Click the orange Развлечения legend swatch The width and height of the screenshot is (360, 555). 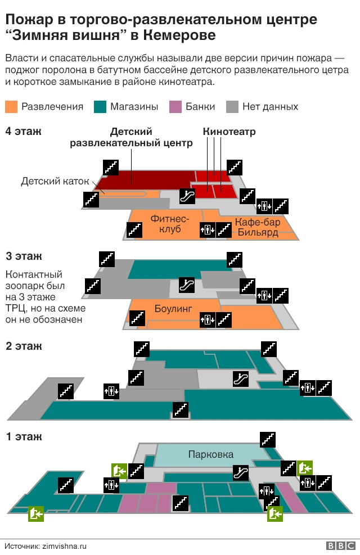pyautogui.click(x=11, y=106)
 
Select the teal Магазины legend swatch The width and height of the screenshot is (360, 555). pyautogui.click(x=100, y=106)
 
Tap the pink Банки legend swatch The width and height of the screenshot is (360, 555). pyautogui.click(x=175, y=106)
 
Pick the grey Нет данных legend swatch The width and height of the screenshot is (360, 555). pyautogui.click(x=232, y=106)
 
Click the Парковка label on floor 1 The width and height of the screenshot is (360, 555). pyautogui.click(x=211, y=454)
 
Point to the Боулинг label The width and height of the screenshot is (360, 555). pyautogui.click(x=173, y=309)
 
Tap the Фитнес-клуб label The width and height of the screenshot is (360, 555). pyautogui.click(x=170, y=223)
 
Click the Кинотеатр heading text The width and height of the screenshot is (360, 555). pyautogui.click(x=229, y=132)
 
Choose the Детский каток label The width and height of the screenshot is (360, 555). pyautogui.click(x=55, y=181)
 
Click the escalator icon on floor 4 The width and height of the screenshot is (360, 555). pyautogui.click(x=187, y=196)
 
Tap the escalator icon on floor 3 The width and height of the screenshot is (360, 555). pyautogui.click(x=187, y=285)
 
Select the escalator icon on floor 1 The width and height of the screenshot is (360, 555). pyautogui.click(x=241, y=473)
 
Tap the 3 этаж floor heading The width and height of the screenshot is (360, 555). pyautogui.click(x=24, y=256)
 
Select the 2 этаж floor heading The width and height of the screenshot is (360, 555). pyautogui.click(x=24, y=346)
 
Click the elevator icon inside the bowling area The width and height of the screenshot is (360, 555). pyautogui.click(x=208, y=320)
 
